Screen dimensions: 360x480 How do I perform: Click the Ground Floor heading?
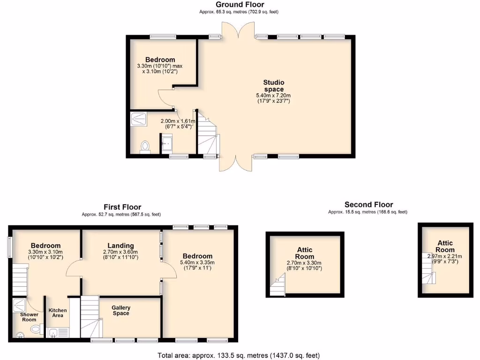click(x=240, y=5)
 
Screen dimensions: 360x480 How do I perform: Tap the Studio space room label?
click(x=273, y=86)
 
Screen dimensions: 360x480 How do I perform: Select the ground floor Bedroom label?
click(x=160, y=60)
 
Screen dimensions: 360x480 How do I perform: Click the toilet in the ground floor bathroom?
click(x=145, y=147)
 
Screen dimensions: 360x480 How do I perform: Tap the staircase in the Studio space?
click(x=207, y=136)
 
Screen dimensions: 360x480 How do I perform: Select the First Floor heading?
click(x=122, y=207)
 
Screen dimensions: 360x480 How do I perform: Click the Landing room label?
click(x=120, y=246)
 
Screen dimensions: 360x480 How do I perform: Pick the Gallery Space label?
click(x=120, y=310)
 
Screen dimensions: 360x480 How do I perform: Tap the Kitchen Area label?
click(x=58, y=313)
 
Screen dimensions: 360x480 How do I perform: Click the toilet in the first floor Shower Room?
click(x=36, y=330)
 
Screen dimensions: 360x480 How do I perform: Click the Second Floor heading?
click(x=368, y=204)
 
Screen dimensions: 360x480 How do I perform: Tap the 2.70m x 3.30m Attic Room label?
click(x=305, y=253)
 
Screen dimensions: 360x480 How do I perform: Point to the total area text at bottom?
click(x=240, y=355)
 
